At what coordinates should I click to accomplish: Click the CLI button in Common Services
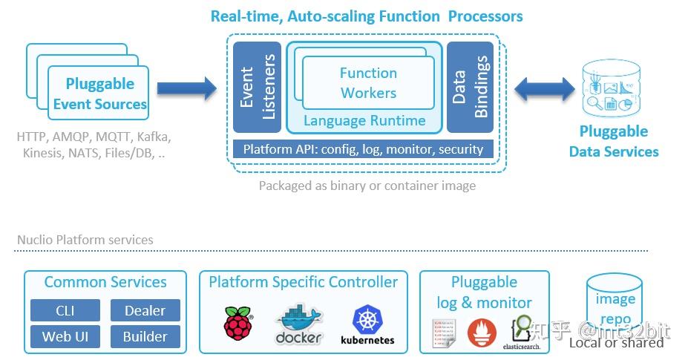65,310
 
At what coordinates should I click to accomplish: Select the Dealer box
145,310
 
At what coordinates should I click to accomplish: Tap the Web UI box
65,336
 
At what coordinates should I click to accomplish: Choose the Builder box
145,336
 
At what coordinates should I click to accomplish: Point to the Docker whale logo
298,324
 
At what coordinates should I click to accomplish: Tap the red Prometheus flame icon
483,333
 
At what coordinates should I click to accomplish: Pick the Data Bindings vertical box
471,87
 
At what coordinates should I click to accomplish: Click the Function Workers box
368,82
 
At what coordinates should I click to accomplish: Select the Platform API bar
363,149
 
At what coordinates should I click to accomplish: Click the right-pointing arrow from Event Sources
186,90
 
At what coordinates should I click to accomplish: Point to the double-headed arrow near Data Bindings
545,90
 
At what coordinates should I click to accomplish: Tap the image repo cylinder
615,307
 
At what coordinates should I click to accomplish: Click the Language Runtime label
364,121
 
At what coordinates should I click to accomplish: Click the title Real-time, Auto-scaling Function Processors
367,16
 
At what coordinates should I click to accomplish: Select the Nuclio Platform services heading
85,240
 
